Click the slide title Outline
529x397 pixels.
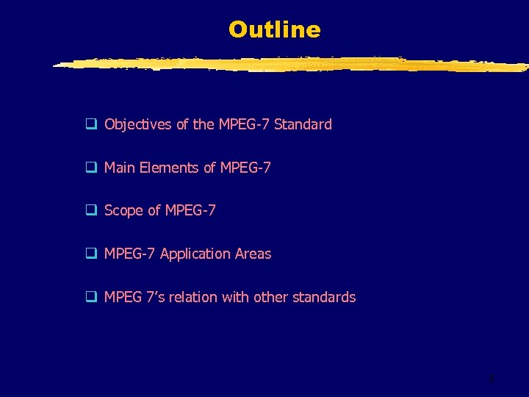click(274, 29)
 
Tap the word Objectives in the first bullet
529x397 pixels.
click(138, 125)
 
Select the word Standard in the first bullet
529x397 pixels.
click(303, 124)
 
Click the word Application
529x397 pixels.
click(195, 254)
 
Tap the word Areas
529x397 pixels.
click(253, 254)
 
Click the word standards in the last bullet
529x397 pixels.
click(324, 297)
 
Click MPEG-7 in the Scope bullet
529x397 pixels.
click(190, 211)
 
